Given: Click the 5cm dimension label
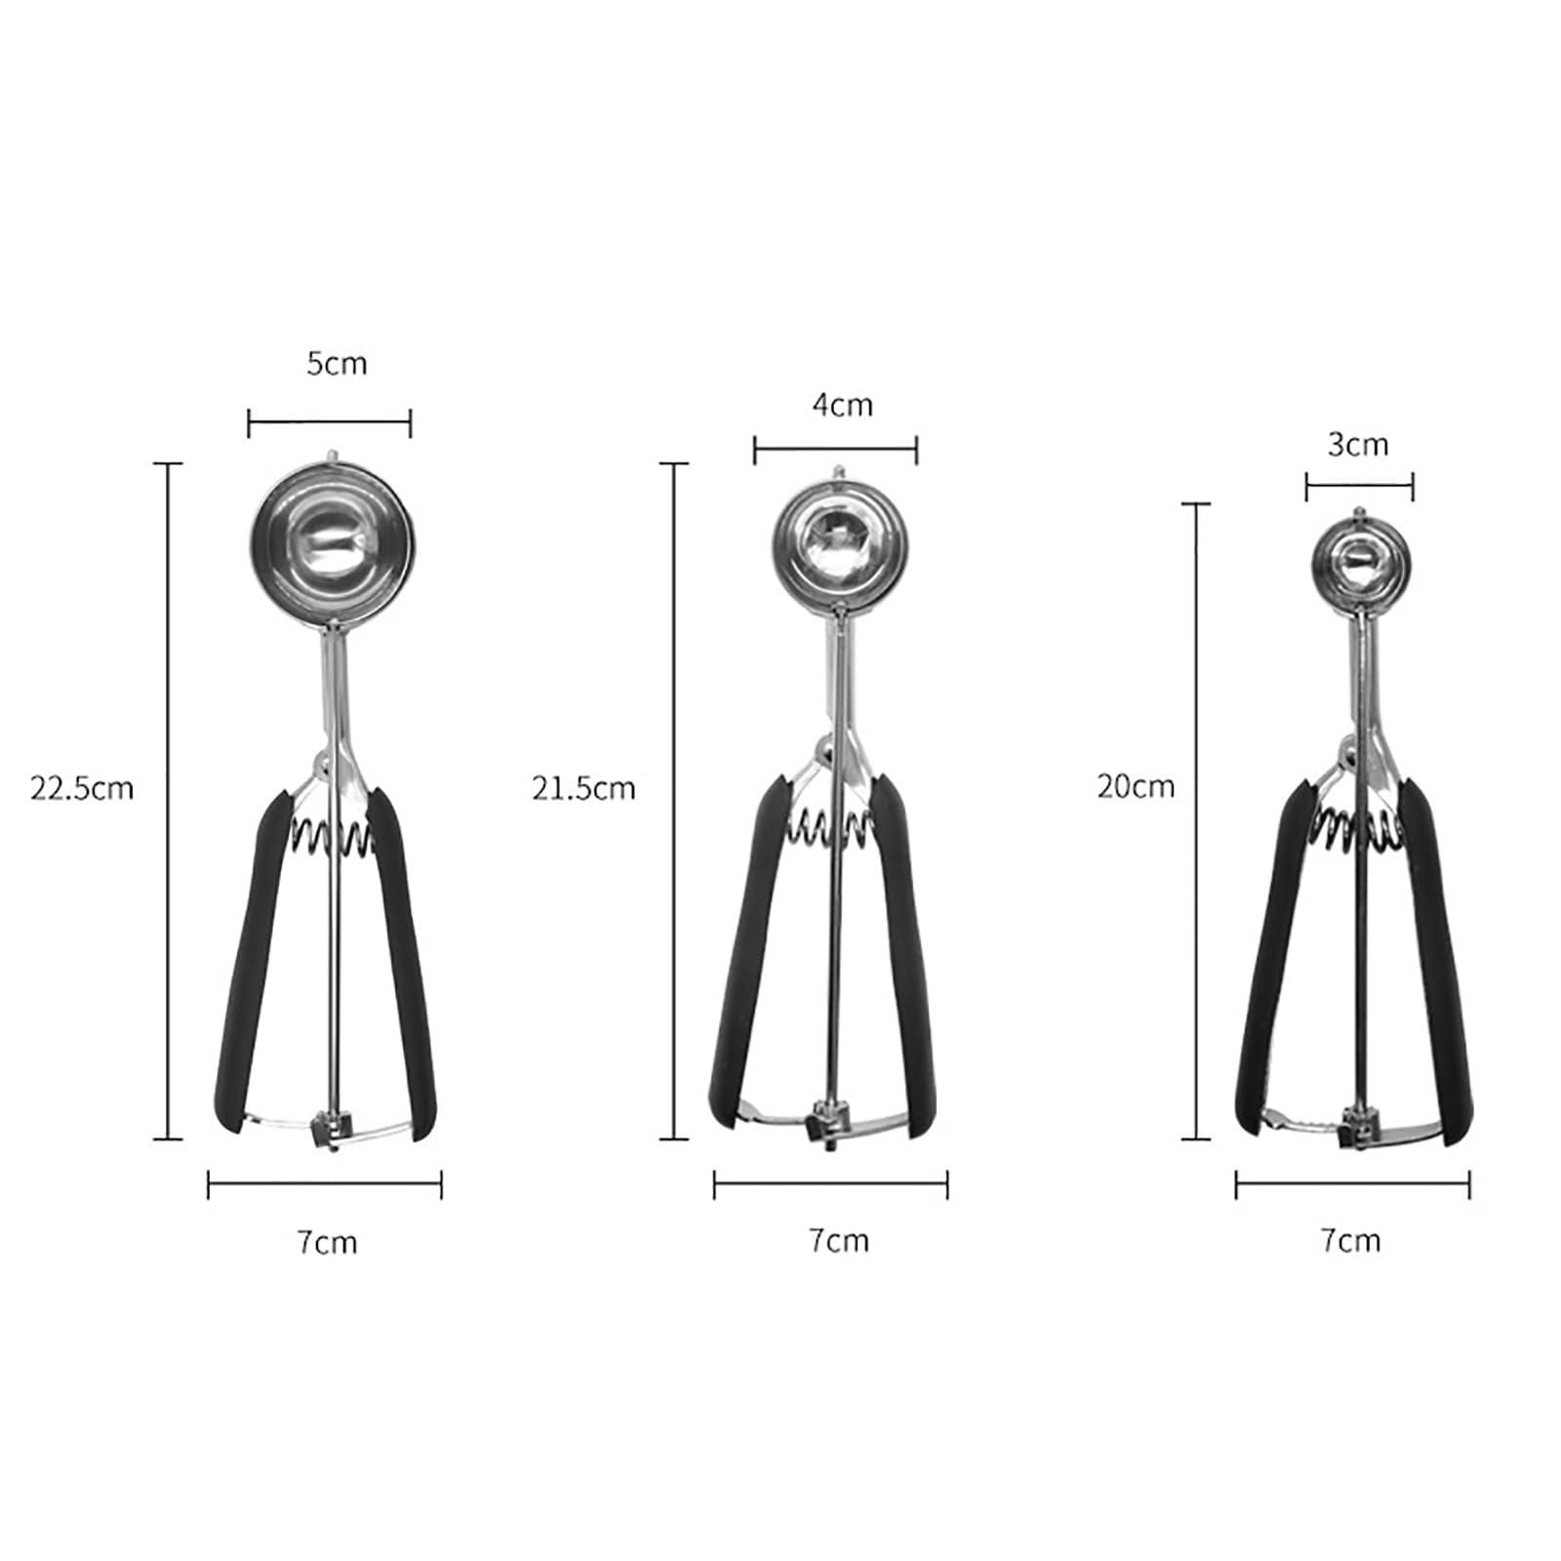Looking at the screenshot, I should click(337, 364).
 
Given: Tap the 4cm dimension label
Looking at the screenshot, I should click(842, 404).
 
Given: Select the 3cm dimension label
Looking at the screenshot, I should click(1357, 445).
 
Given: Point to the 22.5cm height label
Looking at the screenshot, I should click(82, 787).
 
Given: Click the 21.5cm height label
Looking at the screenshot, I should click(583, 787).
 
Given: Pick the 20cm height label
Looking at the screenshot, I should click(1136, 785).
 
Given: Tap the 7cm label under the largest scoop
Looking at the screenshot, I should click(328, 1242).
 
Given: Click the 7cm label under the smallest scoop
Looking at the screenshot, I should click(1350, 1240).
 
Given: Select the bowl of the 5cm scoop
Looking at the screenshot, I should click(335, 542).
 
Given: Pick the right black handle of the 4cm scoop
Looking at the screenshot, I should click(905, 956).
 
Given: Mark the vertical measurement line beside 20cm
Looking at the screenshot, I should click(1196, 820).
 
